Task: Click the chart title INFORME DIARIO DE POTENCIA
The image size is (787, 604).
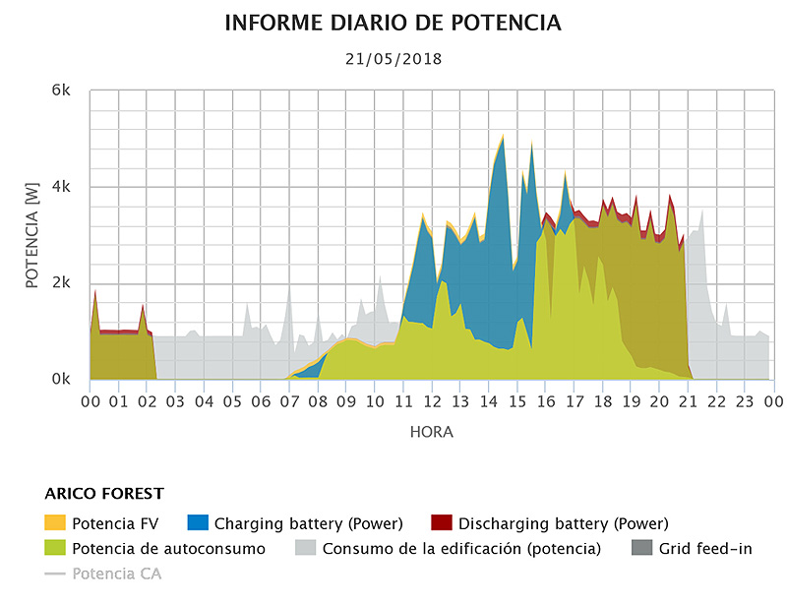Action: (393, 23)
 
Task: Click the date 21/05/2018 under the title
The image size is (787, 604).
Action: (393, 59)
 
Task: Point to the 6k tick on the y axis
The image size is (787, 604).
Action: (61, 91)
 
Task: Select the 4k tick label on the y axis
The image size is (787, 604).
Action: (61, 187)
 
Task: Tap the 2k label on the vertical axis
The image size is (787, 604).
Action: (61, 283)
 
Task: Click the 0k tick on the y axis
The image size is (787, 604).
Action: (61, 379)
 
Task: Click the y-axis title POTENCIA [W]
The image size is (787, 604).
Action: (31, 235)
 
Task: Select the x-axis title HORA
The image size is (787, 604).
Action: (431, 432)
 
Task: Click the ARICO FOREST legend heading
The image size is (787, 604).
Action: (104, 494)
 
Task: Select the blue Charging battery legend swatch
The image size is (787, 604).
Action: (198, 523)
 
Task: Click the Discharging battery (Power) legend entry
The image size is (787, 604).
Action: (563, 523)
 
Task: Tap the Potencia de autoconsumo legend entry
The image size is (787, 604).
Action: (167, 549)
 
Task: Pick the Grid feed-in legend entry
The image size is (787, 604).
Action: (705, 549)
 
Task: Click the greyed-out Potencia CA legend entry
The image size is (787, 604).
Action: (116, 574)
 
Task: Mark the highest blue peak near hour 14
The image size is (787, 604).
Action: (503, 138)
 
